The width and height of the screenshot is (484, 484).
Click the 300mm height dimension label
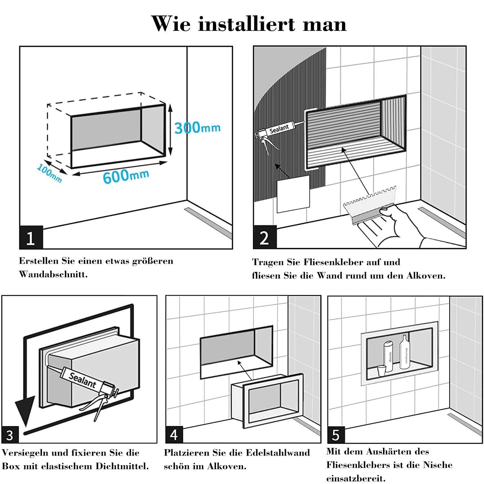click(197, 128)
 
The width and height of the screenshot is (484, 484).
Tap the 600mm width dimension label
click(126, 176)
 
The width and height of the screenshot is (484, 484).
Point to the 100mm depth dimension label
click(49, 173)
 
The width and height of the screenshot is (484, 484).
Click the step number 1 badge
click(31, 238)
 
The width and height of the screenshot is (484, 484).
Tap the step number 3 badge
click(10, 435)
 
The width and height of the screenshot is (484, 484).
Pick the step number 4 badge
click(174, 435)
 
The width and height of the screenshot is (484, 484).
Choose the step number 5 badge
click(336, 435)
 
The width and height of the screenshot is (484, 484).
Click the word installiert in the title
click(247, 24)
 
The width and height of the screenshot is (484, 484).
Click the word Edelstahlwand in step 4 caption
click(277, 453)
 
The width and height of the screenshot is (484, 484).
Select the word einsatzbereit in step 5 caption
click(356, 478)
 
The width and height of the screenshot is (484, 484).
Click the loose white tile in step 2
click(293, 194)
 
